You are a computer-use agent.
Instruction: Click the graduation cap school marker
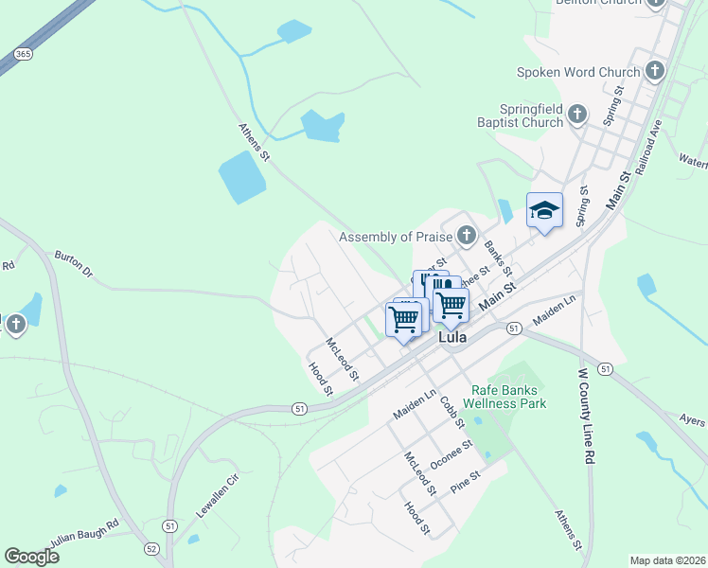[544, 210]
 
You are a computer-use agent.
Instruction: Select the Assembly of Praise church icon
[465, 235]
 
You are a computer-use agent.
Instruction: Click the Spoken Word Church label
[578, 72]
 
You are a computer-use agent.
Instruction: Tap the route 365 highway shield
[24, 54]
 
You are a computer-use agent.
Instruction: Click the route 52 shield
[150, 548]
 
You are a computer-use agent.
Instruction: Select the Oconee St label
[451, 454]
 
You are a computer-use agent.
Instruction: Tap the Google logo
[31, 557]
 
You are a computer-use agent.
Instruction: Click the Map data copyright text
[667, 560]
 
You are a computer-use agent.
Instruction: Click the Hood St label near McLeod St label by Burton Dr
[321, 378]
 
